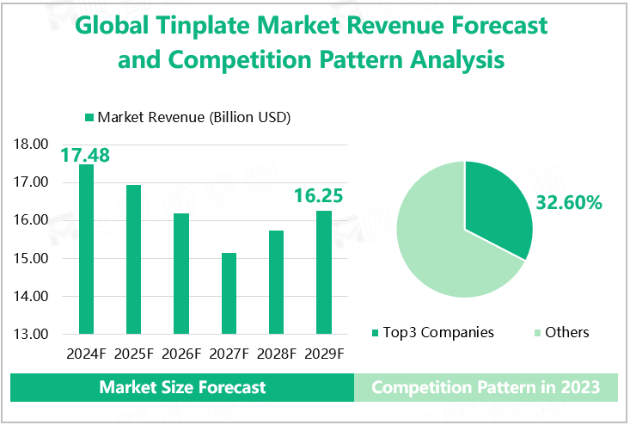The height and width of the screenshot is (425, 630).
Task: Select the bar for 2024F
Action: (86, 249)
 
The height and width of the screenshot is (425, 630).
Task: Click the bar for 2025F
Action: (133, 259)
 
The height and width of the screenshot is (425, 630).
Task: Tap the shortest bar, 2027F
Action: (229, 293)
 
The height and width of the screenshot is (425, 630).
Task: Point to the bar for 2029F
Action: (323, 272)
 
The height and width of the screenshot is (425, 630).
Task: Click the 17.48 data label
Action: (84, 155)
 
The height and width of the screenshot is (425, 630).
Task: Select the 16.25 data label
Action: (318, 196)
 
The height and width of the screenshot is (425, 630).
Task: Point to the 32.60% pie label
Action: (569, 203)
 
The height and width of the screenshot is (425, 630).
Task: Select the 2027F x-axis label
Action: (229, 353)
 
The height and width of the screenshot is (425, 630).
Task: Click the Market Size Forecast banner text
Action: (182, 387)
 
